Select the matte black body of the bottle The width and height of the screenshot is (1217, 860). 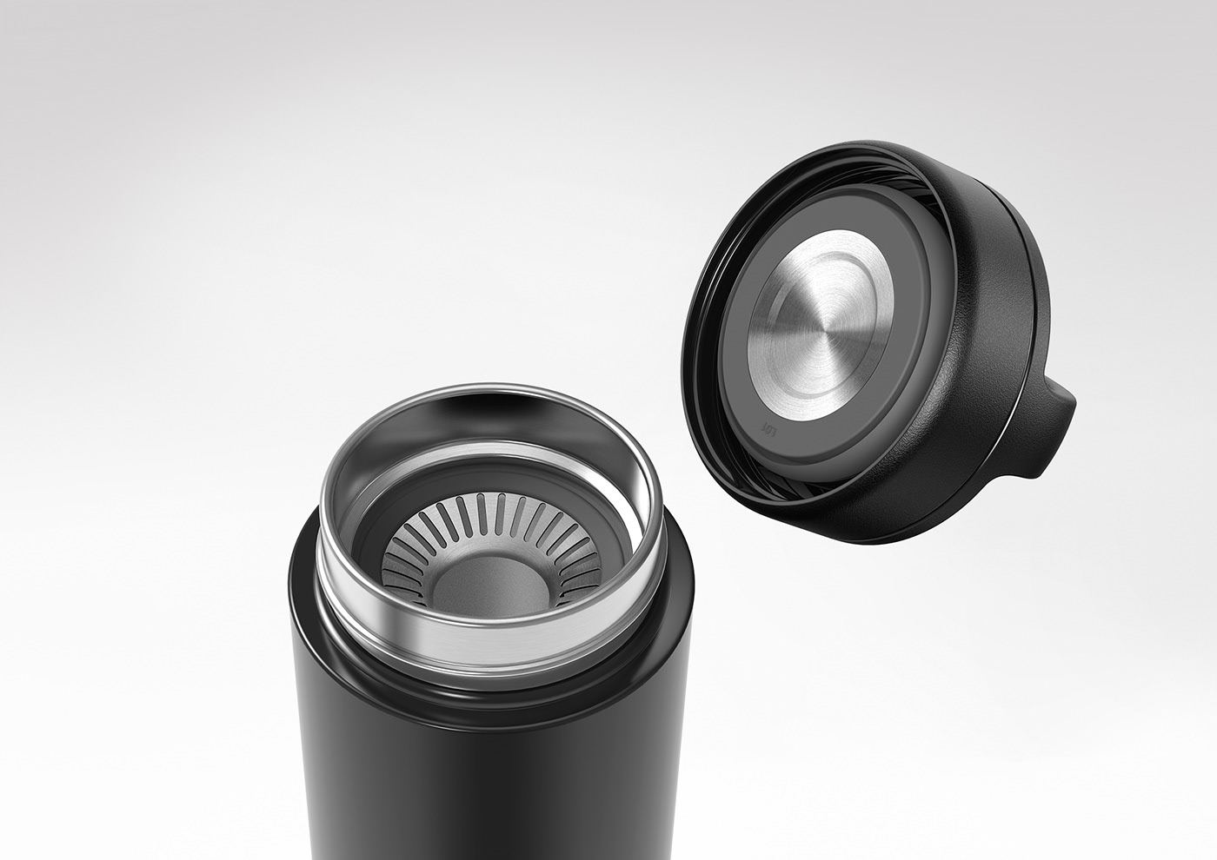487,782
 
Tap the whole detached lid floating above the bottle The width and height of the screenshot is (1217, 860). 869,339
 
